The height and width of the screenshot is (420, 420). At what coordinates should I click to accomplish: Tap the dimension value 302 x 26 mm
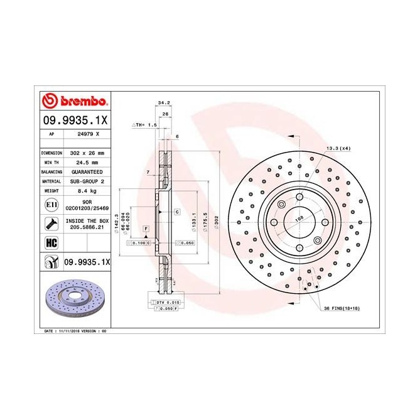tap(86, 153)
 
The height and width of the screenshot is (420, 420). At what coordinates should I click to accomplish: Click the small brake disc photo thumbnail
tap(75, 298)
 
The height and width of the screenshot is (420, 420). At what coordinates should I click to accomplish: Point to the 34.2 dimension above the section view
tap(164, 102)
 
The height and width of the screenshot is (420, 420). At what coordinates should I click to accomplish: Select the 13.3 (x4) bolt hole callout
tap(338, 148)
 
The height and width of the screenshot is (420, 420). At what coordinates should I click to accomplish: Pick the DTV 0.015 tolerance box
tap(164, 303)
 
